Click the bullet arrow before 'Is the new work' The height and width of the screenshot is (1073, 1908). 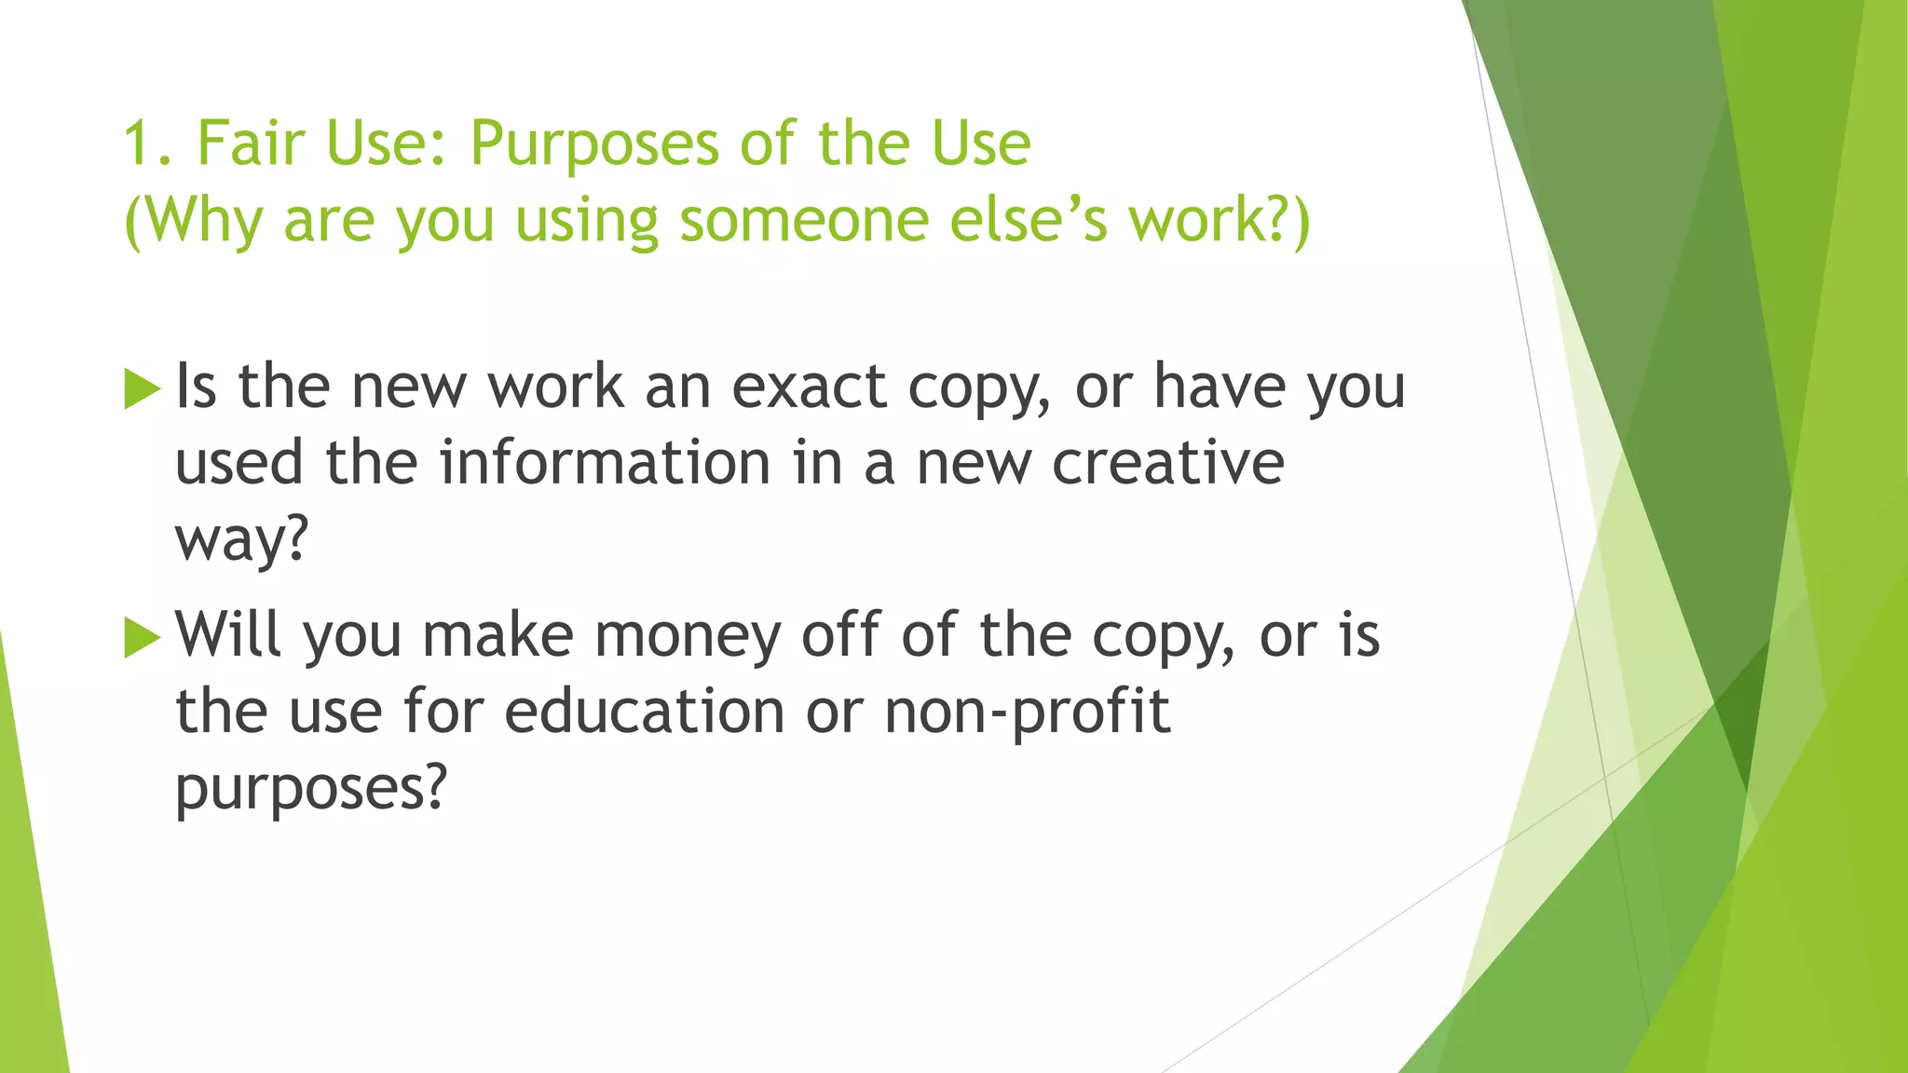click(142, 388)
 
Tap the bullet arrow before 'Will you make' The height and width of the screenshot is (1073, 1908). click(142, 637)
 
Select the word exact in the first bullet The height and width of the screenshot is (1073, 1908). click(809, 387)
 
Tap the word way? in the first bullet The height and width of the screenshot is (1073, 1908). click(241, 539)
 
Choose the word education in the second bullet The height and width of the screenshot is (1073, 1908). click(645, 712)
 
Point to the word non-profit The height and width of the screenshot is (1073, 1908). click(1026, 713)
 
